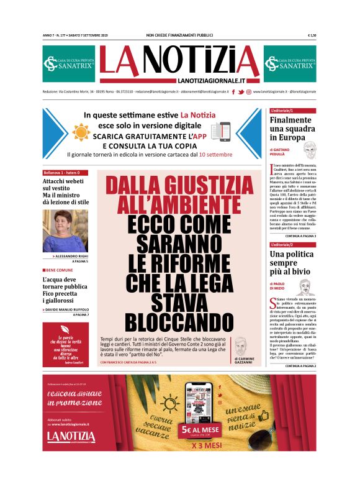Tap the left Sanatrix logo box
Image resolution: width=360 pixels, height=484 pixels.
coord(68,63)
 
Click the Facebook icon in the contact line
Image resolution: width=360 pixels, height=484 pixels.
coord(233,92)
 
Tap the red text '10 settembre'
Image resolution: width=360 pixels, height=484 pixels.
coord(215,153)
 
